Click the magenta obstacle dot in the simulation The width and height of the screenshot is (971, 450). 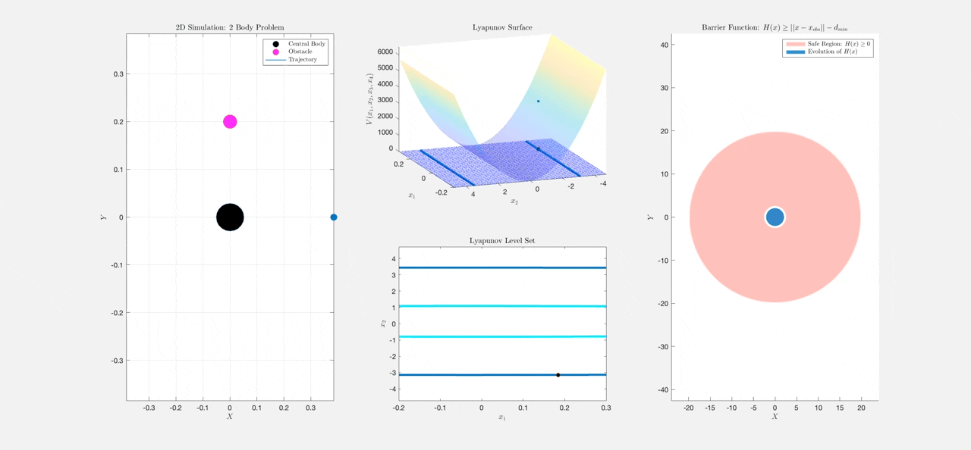click(x=230, y=122)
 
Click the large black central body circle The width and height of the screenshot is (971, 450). click(x=230, y=217)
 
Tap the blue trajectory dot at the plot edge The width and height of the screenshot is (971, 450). click(x=334, y=217)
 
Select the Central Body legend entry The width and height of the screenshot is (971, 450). click(x=306, y=44)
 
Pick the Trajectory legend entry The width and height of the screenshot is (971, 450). click(x=303, y=59)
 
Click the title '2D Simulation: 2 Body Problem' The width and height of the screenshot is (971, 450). click(x=229, y=28)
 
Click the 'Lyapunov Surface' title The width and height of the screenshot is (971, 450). click(x=501, y=28)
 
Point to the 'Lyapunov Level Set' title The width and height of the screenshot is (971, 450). click(x=502, y=241)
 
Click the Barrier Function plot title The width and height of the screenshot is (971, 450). click(x=774, y=28)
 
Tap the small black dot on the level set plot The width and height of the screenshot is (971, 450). click(x=558, y=375)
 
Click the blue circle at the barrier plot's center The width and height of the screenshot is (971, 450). click(x=775, y=217)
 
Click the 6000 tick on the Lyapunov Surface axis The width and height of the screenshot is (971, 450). click(x=385, y=52)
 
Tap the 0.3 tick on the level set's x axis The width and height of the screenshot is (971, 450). click(x=605, y=408)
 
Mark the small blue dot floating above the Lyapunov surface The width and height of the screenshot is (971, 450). click(x=539, y=101)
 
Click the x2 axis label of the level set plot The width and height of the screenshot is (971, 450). click(x=382, y=323)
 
